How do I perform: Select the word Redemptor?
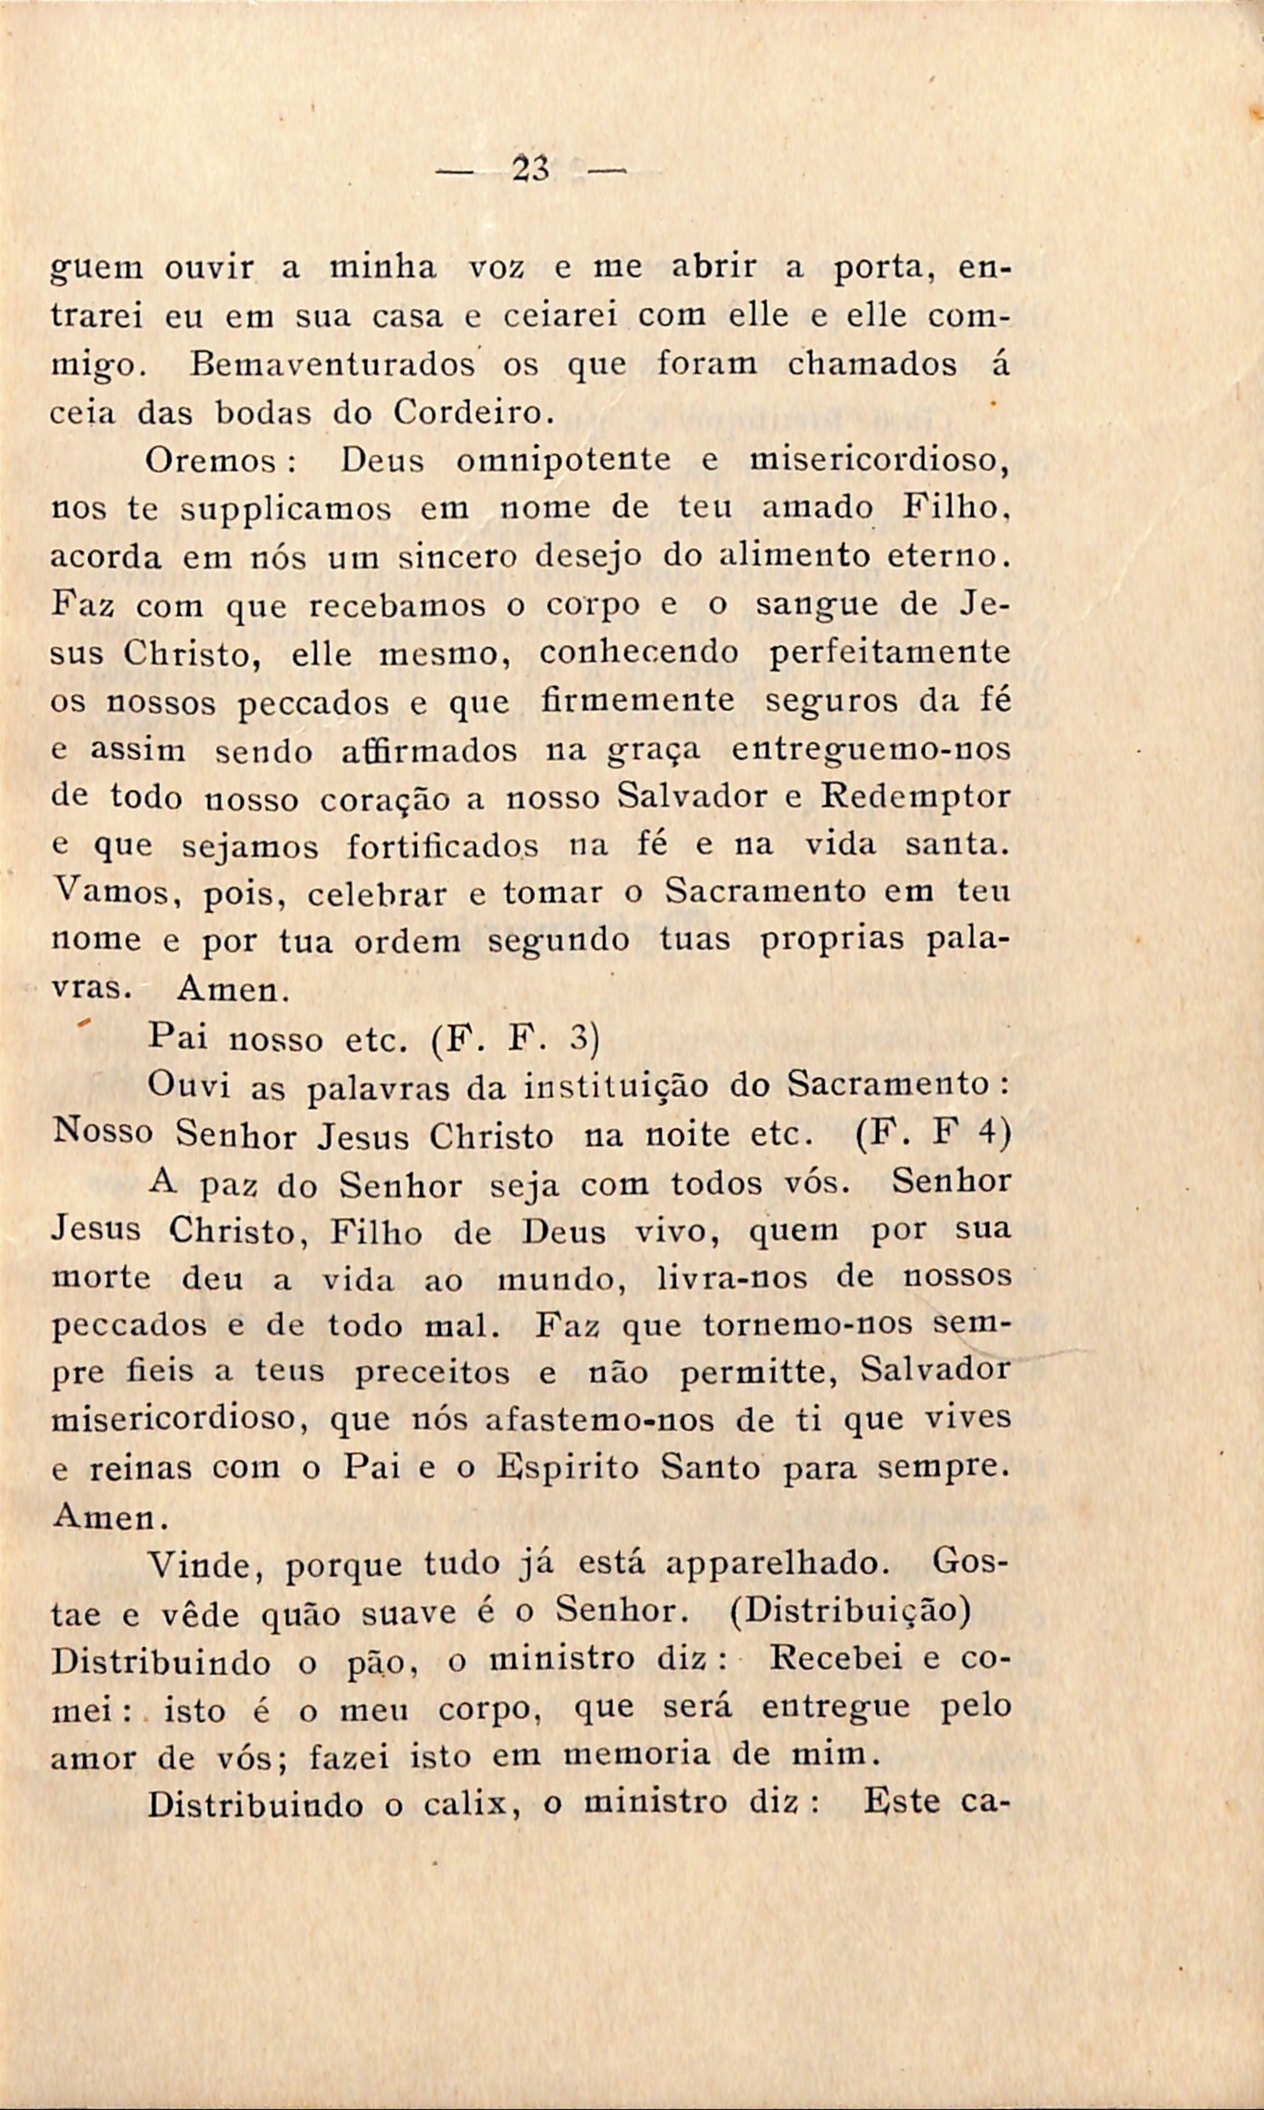point(915,798)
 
